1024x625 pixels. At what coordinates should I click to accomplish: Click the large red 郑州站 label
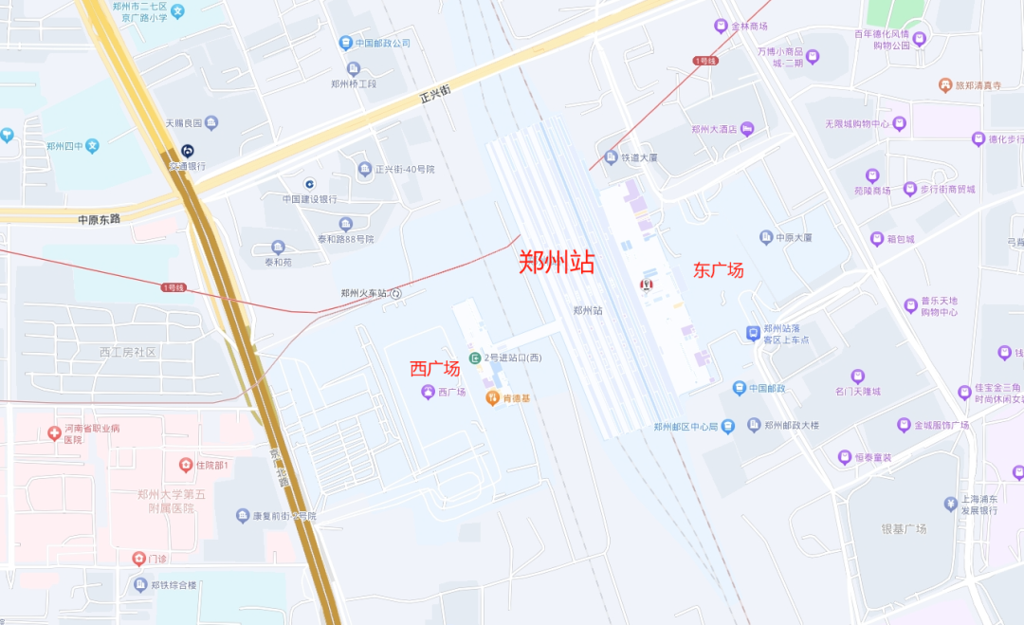pyautogui.click(x=557, y=263)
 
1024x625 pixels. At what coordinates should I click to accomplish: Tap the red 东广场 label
pyautogui.click(x=718, y=270)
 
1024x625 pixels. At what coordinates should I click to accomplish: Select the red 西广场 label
pyautogui.click(x=434, y=369)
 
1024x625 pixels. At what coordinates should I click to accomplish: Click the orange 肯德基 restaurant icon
pyautogui.click(x=492, y=397)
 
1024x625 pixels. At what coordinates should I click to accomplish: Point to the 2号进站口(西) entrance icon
pyautogui.click(x=474, y=358)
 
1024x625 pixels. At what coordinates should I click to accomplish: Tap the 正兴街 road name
pyautogui.click(x=435, y=94)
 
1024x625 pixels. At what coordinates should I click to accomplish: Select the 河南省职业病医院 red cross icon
pyautogui.click(x=54, y=433)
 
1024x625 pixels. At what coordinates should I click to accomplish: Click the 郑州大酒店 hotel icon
pyautogui.click(x=747, y=129)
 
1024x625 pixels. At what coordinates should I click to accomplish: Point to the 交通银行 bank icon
pyautogui.click(x=188, y=152)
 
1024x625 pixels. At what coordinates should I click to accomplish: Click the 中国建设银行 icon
pyautogui.click(x=309, y=184)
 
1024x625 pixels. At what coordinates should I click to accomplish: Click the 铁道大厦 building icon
pyautogui.click(x=612, y=157)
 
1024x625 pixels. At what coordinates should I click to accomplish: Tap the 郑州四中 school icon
pyautogui.click(x=92, y=146)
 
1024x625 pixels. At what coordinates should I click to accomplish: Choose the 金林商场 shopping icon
pyautogui.click(x=722, y=26)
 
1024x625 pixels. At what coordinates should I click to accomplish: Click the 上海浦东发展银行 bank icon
pyautogui.click(x=950, y=503)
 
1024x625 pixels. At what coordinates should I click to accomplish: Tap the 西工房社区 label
pyautogui.click(x=127, y=352)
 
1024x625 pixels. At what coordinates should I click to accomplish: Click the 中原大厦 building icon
pyautogui.click(x=766, y=237)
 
